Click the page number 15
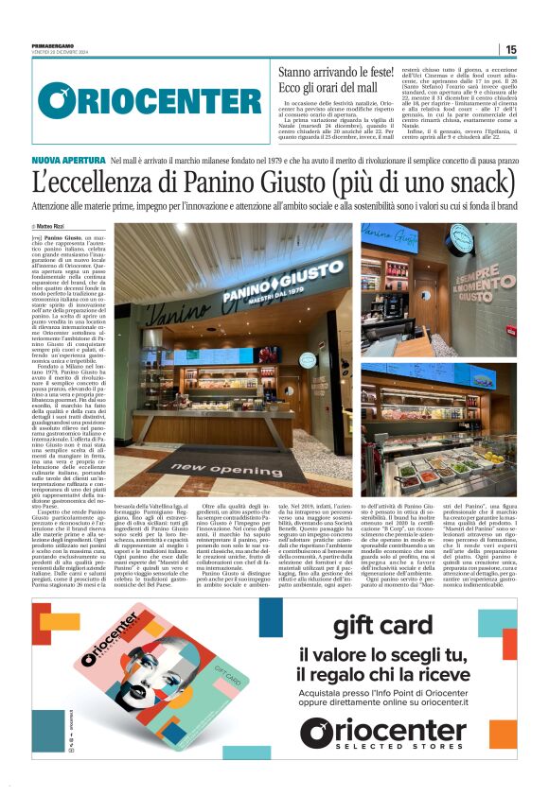[x=511, y=49]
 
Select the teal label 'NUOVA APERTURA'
[x=68, y=163]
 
